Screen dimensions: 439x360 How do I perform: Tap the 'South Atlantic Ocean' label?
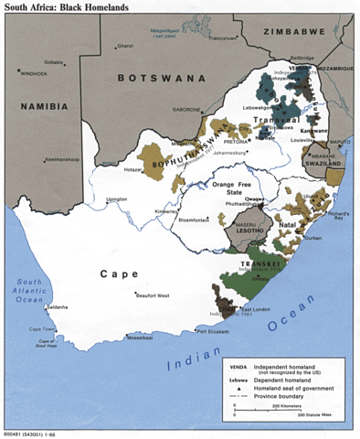27,291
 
